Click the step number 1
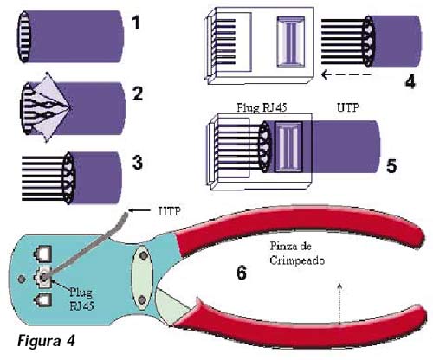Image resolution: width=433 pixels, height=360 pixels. tap(136, 22)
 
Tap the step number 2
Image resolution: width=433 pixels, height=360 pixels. tap(138, 93)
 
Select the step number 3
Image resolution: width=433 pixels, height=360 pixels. tap(138, 163)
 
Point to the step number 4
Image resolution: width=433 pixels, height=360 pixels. tap(410, 81)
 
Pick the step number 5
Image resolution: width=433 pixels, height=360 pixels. tap(391, 166)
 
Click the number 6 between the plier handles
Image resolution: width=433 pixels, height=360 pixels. tap(242, 273)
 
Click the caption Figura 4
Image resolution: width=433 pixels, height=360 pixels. tap(46, 341)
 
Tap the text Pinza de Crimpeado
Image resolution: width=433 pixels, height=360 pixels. tap(297, 254)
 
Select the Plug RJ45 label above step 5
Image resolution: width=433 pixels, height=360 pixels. tap(262, 107)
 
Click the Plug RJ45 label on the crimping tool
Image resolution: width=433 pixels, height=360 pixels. tap(81, 299)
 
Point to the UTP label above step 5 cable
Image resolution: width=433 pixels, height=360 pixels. tap(348, 107)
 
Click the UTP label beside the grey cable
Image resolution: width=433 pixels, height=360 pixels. tap(170, 211)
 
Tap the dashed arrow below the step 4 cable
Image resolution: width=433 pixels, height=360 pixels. tap(346, 74)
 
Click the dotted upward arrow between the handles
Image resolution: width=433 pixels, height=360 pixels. tap(339, 304)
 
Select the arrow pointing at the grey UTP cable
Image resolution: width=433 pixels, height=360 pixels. tap(139, 210)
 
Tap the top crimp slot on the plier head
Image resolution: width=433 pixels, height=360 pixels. tap(42, 254)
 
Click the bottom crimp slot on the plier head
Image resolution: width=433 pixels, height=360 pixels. tap(42, 301)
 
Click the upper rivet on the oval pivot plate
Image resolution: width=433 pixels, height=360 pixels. tap(143, 255)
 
